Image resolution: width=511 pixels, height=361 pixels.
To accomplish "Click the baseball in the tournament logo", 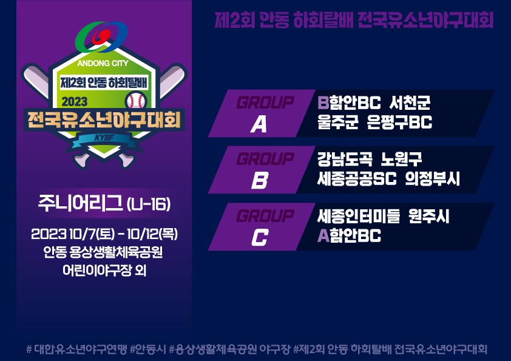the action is tap(136, 101).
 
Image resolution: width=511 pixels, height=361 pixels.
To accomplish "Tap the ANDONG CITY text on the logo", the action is tap(103, 63).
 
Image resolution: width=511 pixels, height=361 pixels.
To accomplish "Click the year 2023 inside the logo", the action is tap(75, 102).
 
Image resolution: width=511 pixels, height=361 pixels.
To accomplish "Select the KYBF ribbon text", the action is tap(104, 138).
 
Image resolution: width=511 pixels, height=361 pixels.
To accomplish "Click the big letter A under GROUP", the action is tap(259, 124).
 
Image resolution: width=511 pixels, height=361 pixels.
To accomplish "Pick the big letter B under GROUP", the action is tap(260, 180).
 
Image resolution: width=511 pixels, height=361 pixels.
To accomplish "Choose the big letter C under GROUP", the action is tap(260, 237).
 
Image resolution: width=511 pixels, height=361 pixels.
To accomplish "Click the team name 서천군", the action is tap(410, 103).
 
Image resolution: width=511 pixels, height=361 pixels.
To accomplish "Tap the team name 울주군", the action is tap(338, 122).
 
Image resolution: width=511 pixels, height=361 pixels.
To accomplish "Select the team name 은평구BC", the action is tap(399, 122).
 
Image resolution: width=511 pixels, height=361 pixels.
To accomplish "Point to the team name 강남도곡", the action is tap(345, 159).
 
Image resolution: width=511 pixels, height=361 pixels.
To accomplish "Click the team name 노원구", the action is tap(402, 159).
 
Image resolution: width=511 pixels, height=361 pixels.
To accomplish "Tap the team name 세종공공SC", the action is tap(357, 178).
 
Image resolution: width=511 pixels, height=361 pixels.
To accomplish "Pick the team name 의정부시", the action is tap(433, 178).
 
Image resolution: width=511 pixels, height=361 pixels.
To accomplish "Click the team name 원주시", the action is tap(429, 216).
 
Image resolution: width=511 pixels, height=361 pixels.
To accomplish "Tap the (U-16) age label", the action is tap(149, 204).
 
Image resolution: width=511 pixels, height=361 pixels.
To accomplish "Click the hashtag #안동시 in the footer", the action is tap(148, 349).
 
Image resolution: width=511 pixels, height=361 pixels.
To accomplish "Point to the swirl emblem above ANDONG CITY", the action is tap(101, 36).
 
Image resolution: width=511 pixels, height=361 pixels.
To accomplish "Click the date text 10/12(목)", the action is tap(152, 234).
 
